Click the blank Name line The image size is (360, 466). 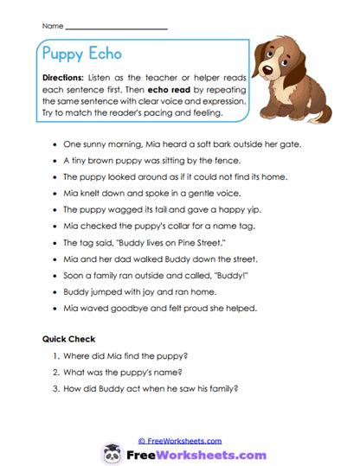point(117,27)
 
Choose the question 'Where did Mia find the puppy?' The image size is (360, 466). point(135,355)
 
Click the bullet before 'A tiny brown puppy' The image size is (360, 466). point(55,162)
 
